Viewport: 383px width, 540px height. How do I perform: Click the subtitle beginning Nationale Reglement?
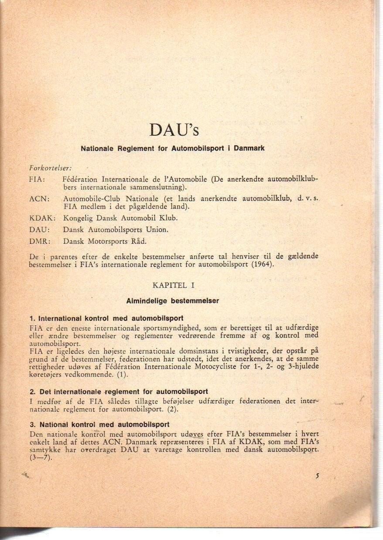pyautogui.click(x=172, y=148)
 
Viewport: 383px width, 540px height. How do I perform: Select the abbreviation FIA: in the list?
pyautogui.click(x=38, y=179)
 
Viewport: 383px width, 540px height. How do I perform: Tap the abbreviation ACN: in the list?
pyautogui.click(x=39, y=199)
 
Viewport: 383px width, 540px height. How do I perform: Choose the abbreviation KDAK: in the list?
pyautogui.click(x=42, y=218)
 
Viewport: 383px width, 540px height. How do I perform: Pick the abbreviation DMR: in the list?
pyautogui.click(x=40, y=241)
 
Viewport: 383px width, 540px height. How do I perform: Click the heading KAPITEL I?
pyautogui.click(x=173, y=285)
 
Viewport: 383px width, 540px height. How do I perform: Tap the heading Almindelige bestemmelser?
pyautogui.click(x=172, y=301)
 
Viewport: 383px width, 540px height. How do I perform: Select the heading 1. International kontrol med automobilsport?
pyautogui.click(x=106, y=318)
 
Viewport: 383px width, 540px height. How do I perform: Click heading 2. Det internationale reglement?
pyautogui.click(x=119, y=392)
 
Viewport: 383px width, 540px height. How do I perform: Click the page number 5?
pyautogui.click(x=318, y=476)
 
